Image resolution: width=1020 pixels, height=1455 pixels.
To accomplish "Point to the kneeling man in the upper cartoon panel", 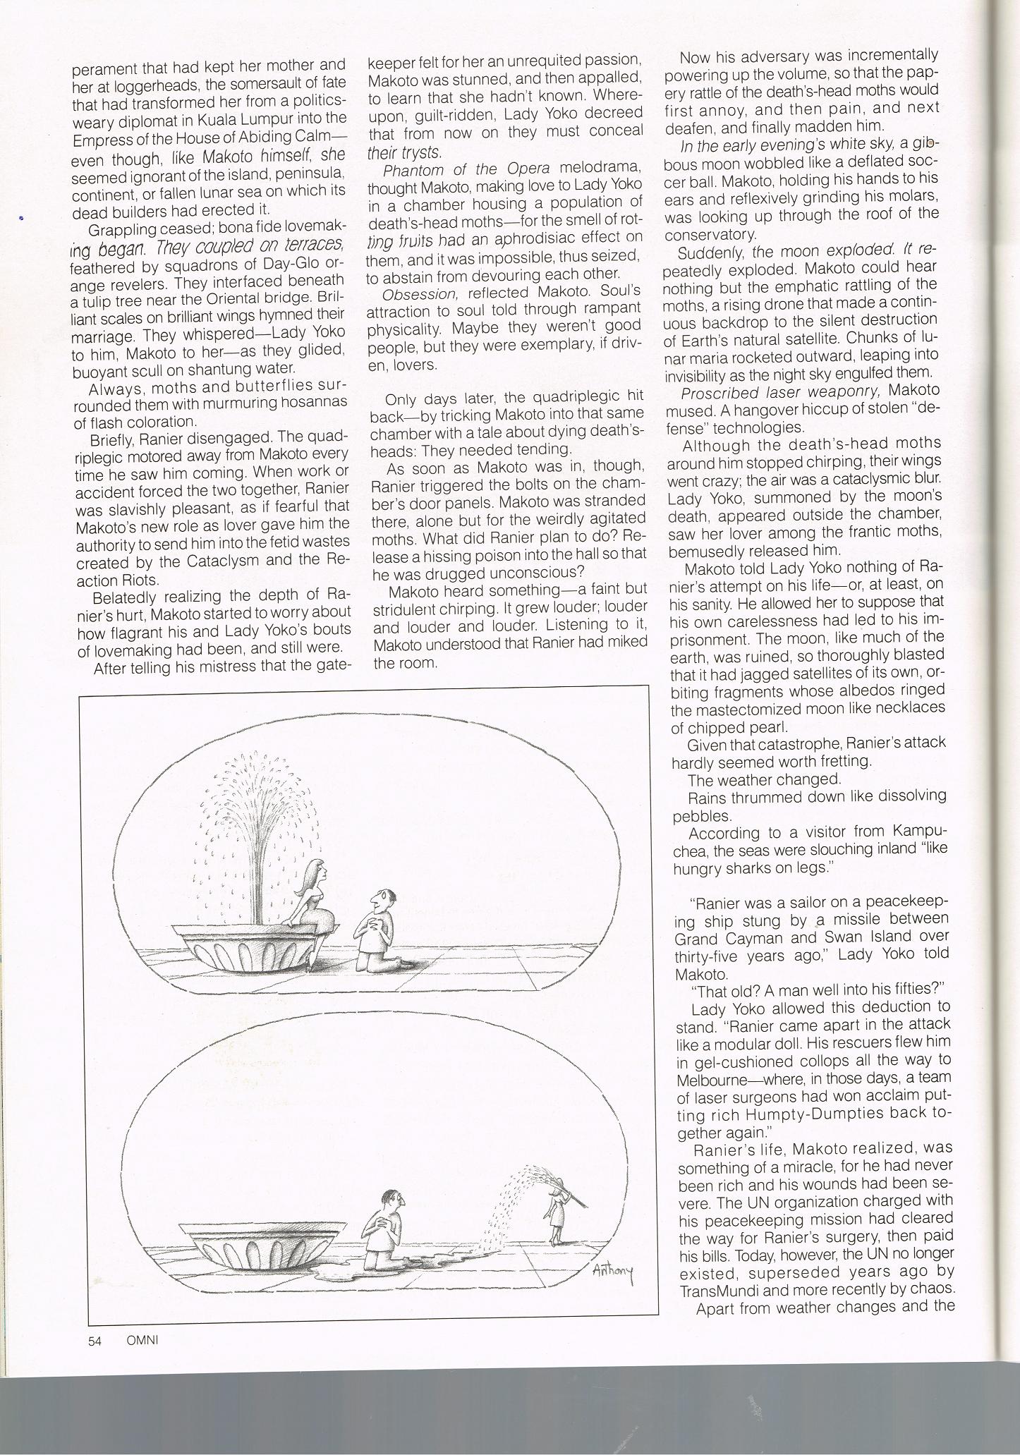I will (382, 930).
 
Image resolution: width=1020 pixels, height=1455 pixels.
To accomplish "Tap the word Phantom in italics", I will (411, 171).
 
